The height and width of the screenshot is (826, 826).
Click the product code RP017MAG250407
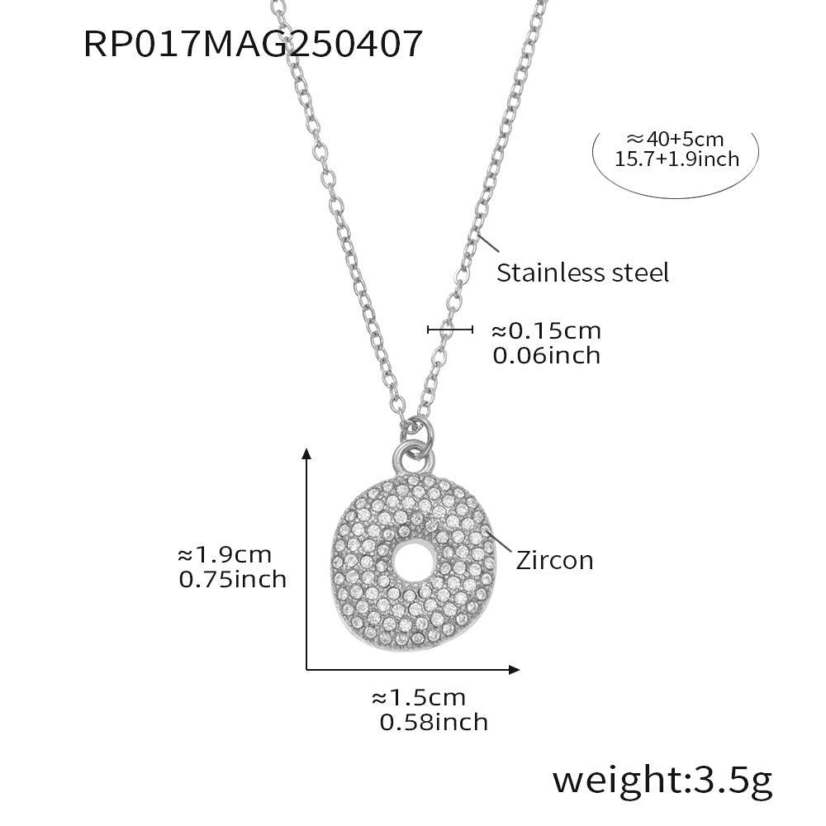coord(253,43)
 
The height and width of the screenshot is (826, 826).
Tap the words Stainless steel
coord(582,273)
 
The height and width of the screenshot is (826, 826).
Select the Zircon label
coord(555,560)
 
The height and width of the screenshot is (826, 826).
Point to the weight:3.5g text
coord(662,781)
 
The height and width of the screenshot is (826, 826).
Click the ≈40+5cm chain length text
coord(676,139)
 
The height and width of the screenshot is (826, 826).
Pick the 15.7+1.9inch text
coord(677,159)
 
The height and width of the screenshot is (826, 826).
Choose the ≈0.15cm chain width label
coord(546,331)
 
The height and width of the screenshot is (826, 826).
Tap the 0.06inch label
coord(547,355)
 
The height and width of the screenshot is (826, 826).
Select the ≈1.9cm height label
coord(225,555)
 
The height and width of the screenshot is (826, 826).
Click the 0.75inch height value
coord(232,580)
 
